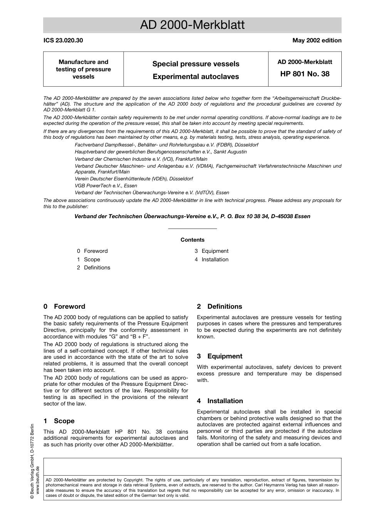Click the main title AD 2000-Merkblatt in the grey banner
(x=192, y=25)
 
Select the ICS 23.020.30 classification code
(x=63, y=40)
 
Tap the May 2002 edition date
(x=317, y=40)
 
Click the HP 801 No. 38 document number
(x=305, y=74)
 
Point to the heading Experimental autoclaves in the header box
(x=196, y=77)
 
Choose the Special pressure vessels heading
(x=196, y=64)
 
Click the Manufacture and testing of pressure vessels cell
(x=83, y=69)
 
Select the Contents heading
(x=192, y=240)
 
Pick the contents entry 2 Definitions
(x=93, y=268)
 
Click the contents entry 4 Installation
(x=212, y=260)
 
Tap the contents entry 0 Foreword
(x=92, y=251)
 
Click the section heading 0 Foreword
(x=64, y=307)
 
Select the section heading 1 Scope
(x=59, y=421)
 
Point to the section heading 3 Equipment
(x=220, y=357)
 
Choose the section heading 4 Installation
(x=220, y=401)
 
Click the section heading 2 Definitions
(x=220, y=307)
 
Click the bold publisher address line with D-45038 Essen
(x=192, y=217)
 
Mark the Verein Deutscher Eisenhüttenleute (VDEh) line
(x=134, y=179)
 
